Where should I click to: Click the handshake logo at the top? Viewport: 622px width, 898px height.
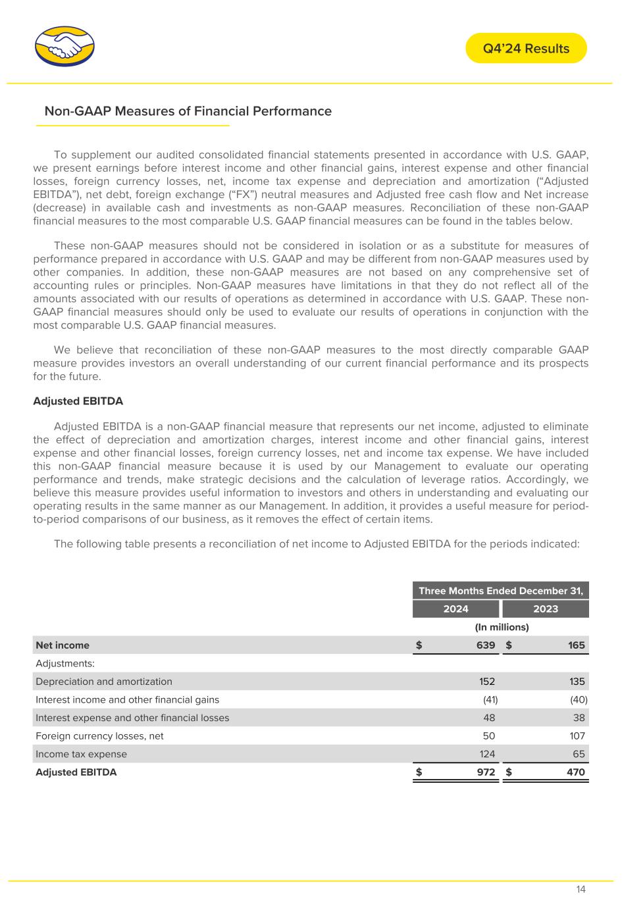[65, 47]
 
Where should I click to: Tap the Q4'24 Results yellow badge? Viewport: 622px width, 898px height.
[526, 48]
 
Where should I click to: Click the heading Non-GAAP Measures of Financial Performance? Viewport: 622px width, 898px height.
[188, 111]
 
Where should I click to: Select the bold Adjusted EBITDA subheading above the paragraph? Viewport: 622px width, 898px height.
[78, 401]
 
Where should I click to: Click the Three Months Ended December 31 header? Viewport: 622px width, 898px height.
[501, 591]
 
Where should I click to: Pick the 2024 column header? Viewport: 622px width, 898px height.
[455, 609]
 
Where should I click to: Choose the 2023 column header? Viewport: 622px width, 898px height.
[546, 609]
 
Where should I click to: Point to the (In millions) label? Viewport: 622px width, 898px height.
[500, 627]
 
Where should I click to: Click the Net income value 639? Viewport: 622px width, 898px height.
[486, 645]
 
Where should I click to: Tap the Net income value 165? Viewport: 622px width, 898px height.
[576, 645]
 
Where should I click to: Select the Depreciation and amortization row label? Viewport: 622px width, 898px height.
[104, 682]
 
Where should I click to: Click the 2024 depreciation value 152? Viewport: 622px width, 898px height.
[487, 682]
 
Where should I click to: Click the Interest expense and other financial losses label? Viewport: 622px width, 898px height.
[132, 718]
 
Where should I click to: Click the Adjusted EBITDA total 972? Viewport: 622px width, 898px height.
[486, 772]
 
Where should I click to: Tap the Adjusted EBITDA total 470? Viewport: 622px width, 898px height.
[576, 772]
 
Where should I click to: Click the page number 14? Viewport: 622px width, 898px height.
[581, 889]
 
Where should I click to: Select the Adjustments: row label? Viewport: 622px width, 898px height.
[65, 663]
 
